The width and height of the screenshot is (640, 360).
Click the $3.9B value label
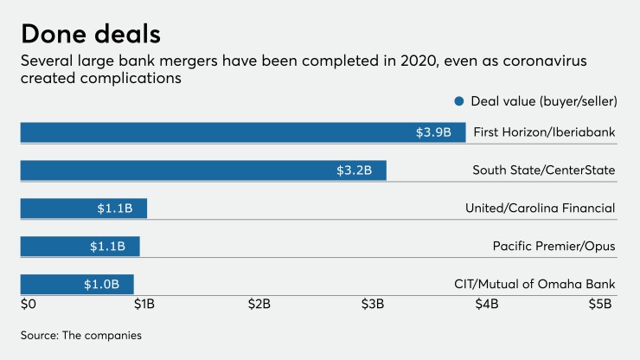pos(433,132)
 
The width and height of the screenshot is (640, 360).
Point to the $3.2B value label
pos(354,170)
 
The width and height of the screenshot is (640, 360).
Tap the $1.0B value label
pos(101,285)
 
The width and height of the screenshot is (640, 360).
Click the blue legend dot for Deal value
pos(458,101)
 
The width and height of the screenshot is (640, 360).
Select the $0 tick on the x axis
pos(29,305)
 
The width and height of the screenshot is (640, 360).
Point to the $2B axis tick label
pos(259,305)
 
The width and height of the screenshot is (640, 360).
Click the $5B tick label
pos(600,305)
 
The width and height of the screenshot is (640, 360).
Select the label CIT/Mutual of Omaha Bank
pos(534,285)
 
